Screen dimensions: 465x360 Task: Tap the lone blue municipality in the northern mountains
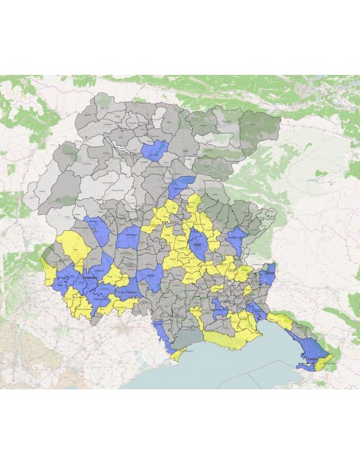click(x=154, y=148)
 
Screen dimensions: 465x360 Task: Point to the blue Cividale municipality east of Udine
click(x=236, y=241)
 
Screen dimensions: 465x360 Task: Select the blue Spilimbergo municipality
click(x=128, y=239)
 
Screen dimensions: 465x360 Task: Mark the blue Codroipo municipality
click(x=151, y=278)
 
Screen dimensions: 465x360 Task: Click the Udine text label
click(x=196, y=253)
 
